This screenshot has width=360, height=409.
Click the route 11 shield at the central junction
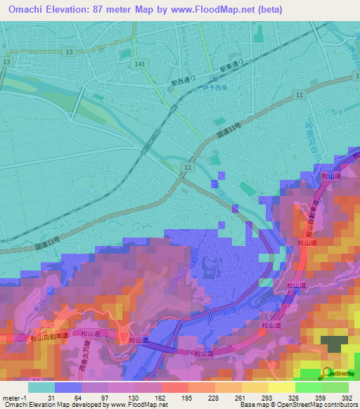185,167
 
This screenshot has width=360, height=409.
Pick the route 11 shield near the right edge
300,94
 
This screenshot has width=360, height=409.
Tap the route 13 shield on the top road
68,52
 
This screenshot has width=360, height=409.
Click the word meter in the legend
10,397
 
